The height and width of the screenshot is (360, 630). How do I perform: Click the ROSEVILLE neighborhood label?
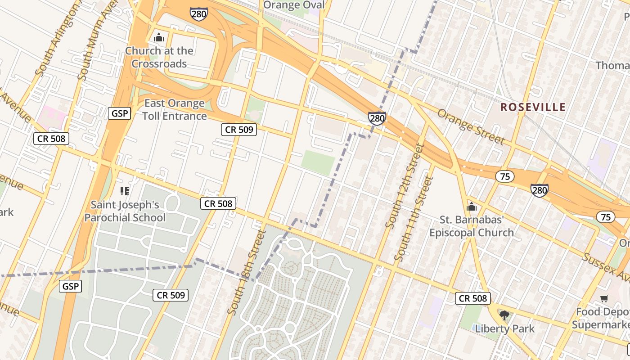tap(533, 107)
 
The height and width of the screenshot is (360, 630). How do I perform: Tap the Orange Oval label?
tap(293, 5)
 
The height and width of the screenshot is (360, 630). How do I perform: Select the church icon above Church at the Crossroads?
tap(158, 37)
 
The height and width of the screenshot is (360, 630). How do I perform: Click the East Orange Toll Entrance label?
tap(175, 110)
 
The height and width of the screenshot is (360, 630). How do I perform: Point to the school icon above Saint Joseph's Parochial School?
tap(125, 191)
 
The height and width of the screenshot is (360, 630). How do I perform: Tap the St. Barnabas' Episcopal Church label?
tap(471, 226)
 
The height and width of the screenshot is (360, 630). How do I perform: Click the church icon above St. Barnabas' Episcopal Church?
tap(471, 207)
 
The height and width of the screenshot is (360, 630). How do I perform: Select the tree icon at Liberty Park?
tap(504, 315)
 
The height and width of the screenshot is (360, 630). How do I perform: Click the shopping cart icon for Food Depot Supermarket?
tap(604, 299)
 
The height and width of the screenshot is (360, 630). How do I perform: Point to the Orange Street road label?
tap(471, 126)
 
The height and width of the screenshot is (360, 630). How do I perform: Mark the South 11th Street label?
tap(413, 219)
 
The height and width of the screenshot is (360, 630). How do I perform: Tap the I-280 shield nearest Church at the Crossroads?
tap(198, 14)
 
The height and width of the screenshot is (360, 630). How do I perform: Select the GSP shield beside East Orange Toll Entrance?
tap(119, 113)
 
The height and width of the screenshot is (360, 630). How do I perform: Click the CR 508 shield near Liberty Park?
tap(472, 298)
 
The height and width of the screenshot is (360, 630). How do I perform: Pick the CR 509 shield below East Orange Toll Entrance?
tap(239, 130)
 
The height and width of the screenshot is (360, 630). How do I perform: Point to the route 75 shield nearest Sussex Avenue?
tap(605, 217)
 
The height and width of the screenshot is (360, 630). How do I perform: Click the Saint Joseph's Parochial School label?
tap(125, 211)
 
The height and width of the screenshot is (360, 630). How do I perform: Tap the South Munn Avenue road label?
tap(91, 43)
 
